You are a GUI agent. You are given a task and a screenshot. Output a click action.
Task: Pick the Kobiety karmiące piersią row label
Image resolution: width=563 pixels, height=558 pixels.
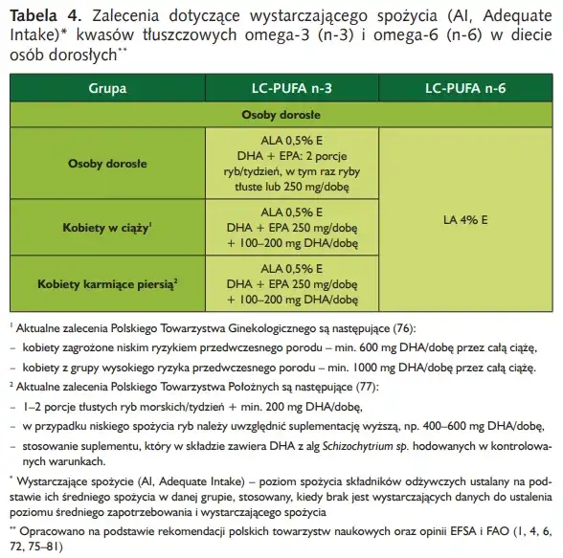pos(101,284)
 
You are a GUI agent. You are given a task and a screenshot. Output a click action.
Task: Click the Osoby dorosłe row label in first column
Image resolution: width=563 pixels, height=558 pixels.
pos(101,164)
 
